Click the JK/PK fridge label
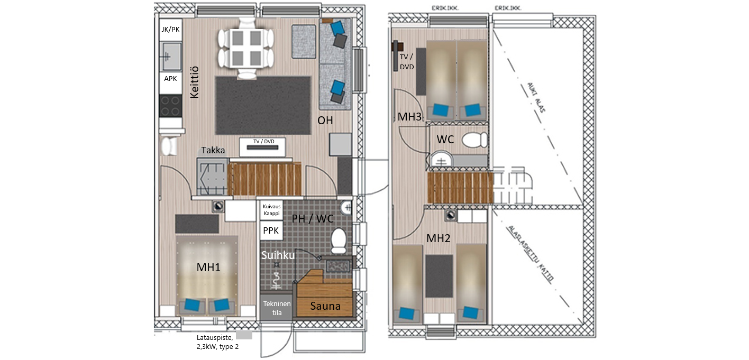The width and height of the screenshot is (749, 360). click(170, 30)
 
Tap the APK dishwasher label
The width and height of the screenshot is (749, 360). click(170, 79)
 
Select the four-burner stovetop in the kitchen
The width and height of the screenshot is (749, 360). click(170, 106)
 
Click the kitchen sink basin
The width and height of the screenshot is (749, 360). click(171, 57)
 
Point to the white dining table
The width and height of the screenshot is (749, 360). click(246, 48)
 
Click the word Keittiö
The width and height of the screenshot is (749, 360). click(194, 82)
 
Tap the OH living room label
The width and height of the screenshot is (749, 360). click(325, 121)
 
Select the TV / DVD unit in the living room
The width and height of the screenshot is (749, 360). click(263, 147)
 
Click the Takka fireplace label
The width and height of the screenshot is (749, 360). click(213, 150)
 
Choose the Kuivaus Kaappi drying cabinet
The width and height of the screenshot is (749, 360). click(271, 210)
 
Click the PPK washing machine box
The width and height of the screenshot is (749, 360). click(271, 230)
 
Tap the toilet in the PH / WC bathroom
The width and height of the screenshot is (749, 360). click(339, 241)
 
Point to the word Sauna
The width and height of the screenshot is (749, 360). click(325, 306)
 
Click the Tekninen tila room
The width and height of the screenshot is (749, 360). click(277, 308)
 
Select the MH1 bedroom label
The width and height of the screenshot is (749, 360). click(208, 267)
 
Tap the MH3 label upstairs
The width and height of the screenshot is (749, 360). click(409, 117)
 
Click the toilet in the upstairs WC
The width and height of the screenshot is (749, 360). click(474, 140)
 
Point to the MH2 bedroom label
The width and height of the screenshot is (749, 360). click(439, 238)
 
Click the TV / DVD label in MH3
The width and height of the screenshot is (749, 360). click(407, 62)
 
